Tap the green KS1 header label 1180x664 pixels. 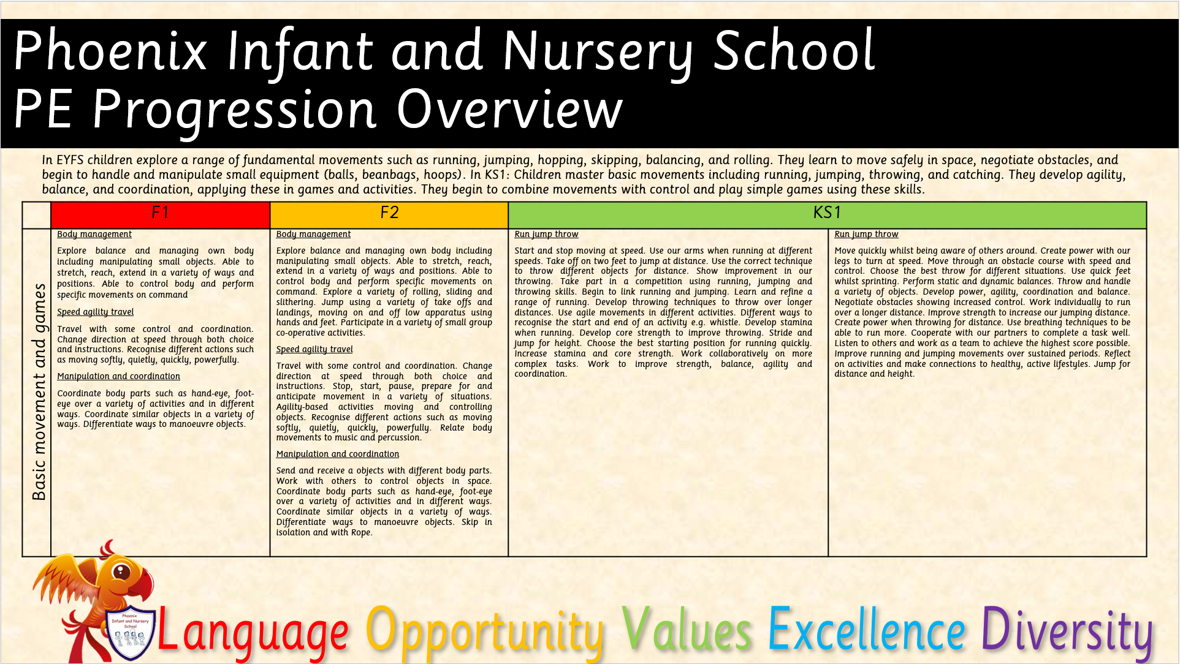pos(827,213)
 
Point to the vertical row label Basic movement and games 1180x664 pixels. pos(39,392)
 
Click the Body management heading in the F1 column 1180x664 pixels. pos(94,234)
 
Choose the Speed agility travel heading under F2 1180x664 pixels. pos(314,349)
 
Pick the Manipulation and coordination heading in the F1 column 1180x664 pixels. pos(118,376)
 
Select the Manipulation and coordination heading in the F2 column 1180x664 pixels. pos(337,454)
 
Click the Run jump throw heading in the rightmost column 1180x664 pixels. pos(866,234)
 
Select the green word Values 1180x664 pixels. pos(687,630)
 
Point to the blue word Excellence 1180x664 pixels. pos(867,629)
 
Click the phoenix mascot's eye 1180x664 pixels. pos(122,572)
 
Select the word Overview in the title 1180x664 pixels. pos(509,110)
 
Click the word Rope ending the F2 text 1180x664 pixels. pos(360,533)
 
